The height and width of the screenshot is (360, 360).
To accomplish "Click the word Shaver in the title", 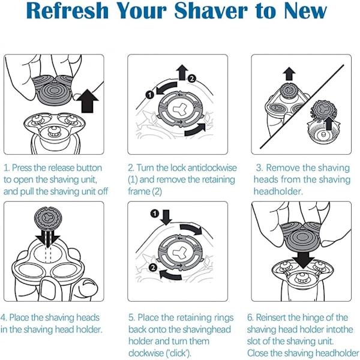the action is (x=211, y=11).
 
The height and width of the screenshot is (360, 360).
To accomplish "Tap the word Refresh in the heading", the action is (x=67, y=11).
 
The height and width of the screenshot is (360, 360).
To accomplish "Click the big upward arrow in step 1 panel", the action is (x=88, y=101).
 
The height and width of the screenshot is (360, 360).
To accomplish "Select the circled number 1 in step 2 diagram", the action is (x=149, y=95).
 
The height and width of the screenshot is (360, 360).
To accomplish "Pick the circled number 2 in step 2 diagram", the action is (x=192, y=79).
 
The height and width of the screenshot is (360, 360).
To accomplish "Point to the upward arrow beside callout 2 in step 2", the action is (x=182, y=73).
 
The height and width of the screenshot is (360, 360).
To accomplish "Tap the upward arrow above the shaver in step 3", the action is (x=289, y=74).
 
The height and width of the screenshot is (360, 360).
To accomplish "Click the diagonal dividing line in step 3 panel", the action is (x=302, y=107).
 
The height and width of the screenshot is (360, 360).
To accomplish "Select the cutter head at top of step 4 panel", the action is (x=48, y=218).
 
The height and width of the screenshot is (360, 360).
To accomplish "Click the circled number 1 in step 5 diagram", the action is (x=155, y=214).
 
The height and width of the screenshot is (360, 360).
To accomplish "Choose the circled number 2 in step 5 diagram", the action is (x=153, y=268).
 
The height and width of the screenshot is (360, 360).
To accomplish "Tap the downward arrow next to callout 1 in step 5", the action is (x=166, y=217).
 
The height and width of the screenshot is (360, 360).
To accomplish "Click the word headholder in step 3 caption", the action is (x=278, y=191).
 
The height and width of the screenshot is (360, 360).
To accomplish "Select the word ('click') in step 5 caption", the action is (x=179, y=353).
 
